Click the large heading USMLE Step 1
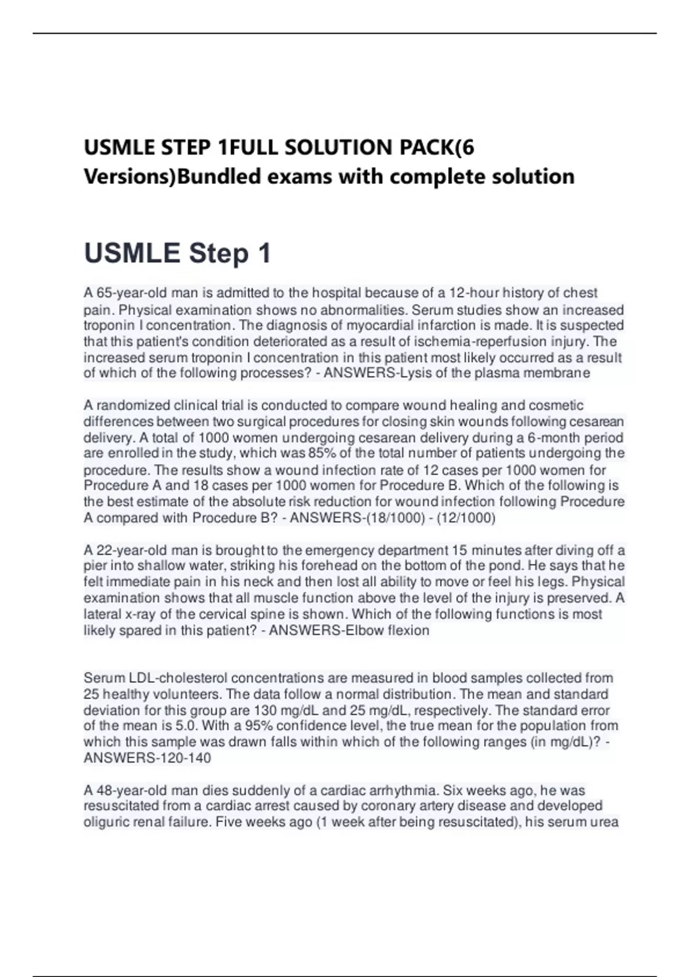click(x=177, y=253)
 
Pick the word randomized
click(x=132, y=406)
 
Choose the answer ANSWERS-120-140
click(x=147, y=758)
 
